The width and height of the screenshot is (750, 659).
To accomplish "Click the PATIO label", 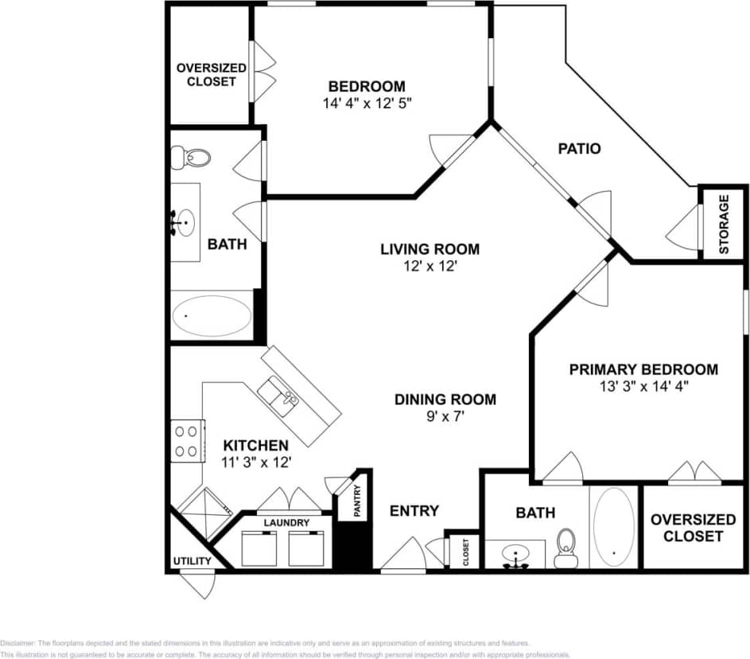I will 578,148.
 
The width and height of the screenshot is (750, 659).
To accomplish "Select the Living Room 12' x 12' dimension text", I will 429,267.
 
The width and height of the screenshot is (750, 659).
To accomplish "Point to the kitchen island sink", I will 278,393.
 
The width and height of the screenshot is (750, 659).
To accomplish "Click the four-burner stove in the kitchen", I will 187,441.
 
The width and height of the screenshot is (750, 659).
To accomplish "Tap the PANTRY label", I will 357,501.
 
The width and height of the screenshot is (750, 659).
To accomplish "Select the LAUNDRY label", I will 286,522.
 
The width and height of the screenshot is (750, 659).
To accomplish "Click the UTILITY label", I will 192,561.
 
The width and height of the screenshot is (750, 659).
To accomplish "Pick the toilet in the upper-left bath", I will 192,158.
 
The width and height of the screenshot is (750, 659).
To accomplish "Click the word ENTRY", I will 414,510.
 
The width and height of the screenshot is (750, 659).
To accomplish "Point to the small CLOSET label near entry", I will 466,550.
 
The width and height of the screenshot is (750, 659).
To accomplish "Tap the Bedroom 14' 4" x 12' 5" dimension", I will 367,103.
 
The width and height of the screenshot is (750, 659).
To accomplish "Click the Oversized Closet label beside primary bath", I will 693,527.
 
